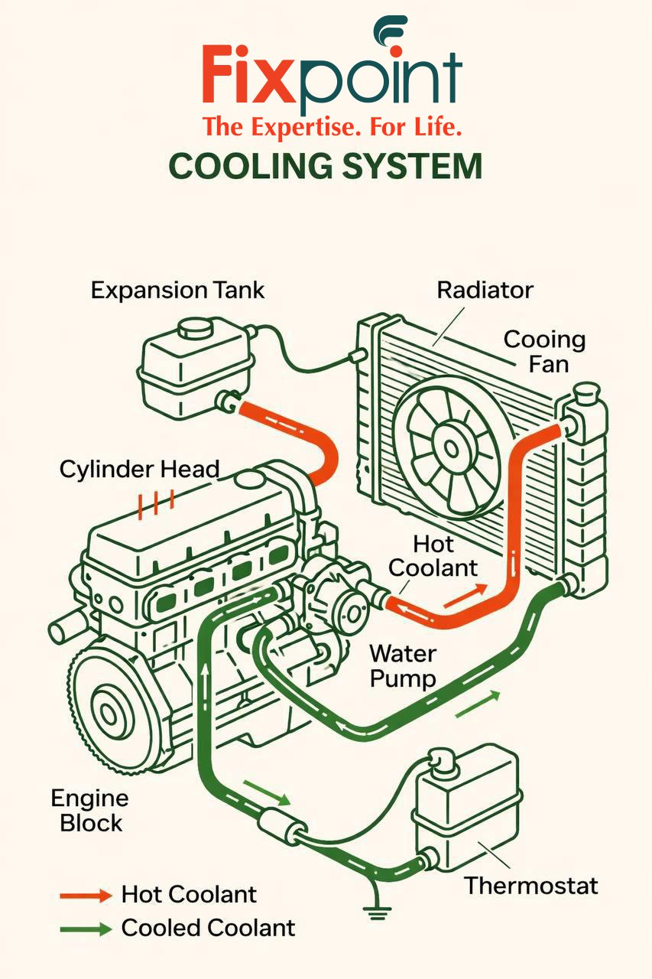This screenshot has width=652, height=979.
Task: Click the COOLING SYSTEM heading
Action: pyautogui.click(x=325, y=166)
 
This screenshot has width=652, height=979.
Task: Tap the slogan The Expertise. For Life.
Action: pyautogui.click(x=332, y=126)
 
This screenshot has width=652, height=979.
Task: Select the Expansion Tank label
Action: pyautogui.click(x=177, y=291)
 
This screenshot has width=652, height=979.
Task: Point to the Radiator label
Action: pyautogui.click(x=485, y=291)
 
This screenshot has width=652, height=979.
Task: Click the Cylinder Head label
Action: pyautogui.click(x=139, y=468)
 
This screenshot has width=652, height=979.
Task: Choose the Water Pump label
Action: pyautogui.click(x=402, y=666)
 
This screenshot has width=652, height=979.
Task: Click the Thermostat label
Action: pyautogui.click(x=530, y=886)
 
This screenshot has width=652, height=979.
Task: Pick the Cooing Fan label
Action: pyautogui.click(x=544, y=351)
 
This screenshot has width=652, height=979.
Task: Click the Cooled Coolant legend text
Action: pyautogui.click(x=208, y=929)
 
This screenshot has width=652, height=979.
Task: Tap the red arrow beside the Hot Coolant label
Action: pyautogui.click(x=465, y=594)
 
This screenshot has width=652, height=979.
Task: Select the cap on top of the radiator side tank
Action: pyautogui.click(x=585, y=392)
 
